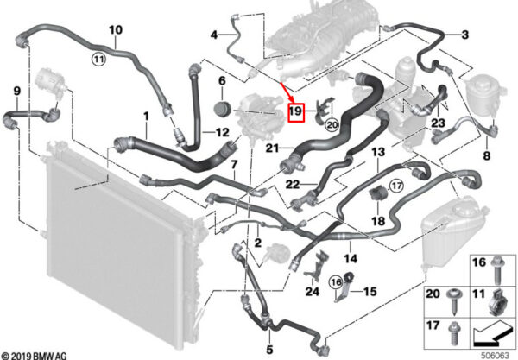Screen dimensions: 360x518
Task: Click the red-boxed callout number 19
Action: coord(295,111)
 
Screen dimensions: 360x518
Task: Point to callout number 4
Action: coord(213,35)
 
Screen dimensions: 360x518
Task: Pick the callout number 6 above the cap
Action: coord(221,82)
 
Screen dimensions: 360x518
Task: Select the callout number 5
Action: coord(270,350)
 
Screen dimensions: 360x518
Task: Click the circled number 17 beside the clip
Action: coord(396,185)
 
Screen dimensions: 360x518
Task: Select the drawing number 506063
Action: coord(495,353)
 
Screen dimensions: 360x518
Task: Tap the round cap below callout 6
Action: coord(219,111)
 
